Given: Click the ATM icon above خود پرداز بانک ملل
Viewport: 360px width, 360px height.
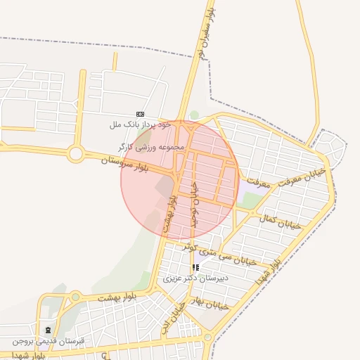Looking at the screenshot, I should tap(140, 114).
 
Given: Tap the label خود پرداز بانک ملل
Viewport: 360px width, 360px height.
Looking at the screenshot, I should tap(140, 124).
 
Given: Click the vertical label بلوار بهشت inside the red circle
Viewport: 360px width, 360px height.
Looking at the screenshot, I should tap(170, 211).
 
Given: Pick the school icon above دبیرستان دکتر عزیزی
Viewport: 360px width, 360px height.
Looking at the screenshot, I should tap(195, 267).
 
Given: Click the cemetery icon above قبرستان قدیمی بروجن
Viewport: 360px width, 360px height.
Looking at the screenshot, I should tap(48, 330).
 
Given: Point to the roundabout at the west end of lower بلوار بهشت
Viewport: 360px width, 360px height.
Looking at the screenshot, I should tap(75, 297).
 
